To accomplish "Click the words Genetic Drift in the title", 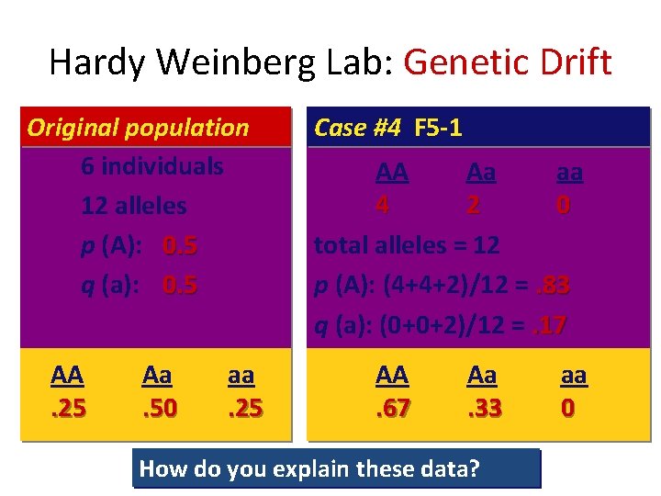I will coord(507,62).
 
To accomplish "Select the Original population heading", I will coord(138,128).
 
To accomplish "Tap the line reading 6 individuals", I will coord(151,166).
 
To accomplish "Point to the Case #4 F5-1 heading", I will coord(387,128).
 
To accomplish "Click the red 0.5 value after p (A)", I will coord(180,245).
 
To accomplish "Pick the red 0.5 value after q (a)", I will coord(180,285).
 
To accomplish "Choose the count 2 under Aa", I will coord(473,205).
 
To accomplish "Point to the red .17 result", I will coord(548,324).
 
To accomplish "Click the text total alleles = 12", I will coord(407,245).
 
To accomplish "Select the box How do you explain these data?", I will coord(336,468).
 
